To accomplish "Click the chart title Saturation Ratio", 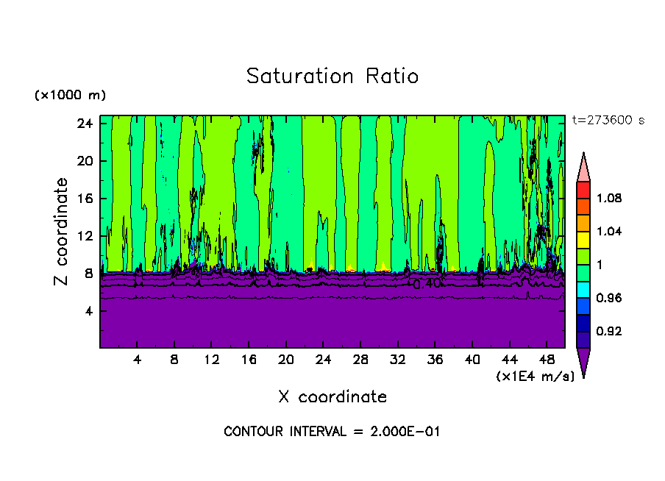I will click(332, 76).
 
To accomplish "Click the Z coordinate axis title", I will click(63, 232).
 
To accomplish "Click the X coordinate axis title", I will click(332, 397).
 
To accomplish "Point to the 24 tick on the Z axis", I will click(83, 124).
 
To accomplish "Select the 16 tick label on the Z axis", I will click(83, 199).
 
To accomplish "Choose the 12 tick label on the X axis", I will click(211, 360).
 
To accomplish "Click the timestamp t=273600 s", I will click(608, 121).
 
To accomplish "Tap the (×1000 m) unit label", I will click(70, 96).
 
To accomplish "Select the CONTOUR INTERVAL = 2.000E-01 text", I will click(332, 432).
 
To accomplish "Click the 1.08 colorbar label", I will click(609, 199).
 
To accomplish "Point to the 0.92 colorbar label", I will click(609, 332).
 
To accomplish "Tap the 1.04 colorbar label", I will click(609, 232).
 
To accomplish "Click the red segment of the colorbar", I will click(583, 189).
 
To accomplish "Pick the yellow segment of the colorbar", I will click(583, 239).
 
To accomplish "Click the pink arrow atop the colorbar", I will click(583, 168).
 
